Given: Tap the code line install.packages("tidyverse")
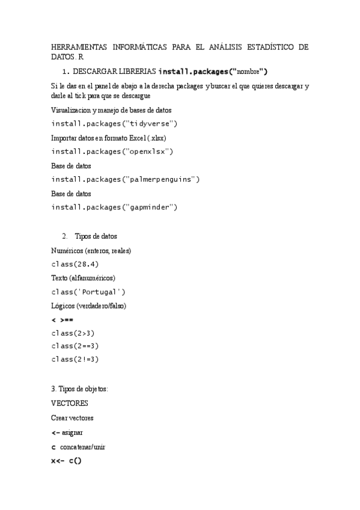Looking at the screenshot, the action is pos(114,124).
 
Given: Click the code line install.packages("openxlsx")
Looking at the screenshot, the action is pos(112,152).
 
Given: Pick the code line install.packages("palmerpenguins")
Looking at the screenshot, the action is pos(125,179).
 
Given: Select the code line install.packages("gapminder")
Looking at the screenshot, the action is pos(114,207).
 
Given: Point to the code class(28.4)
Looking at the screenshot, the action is pos(75,263).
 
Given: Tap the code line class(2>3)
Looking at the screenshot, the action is pos(73,333).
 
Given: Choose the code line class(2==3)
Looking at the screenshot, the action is pos(75,346).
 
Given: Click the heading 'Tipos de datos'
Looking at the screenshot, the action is pos(96,236).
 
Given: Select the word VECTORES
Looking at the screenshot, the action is pos(70,403).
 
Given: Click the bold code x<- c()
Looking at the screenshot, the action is pos(66,461).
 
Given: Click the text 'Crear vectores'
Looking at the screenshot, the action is pos(72,417).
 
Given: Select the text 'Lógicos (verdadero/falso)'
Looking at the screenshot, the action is pos(88,306).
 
